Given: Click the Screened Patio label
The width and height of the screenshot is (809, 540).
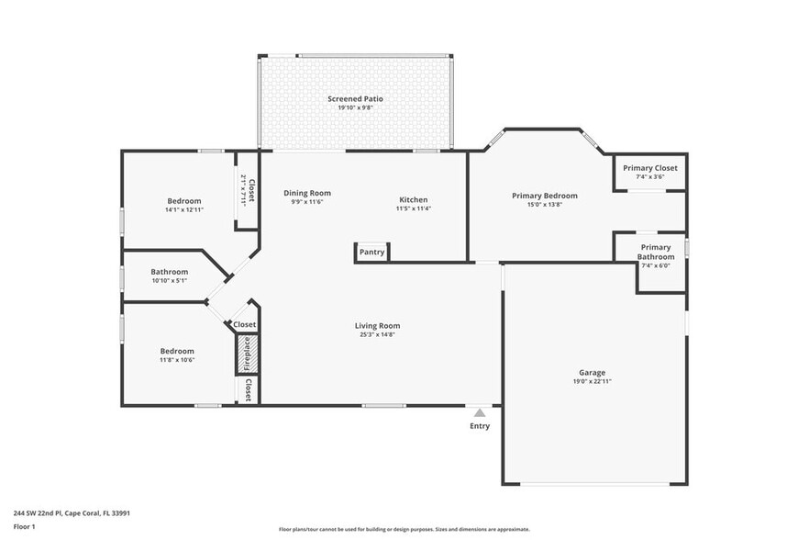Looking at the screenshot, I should (355, 98).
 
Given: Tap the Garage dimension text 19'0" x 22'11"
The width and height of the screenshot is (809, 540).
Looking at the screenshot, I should (592, 381).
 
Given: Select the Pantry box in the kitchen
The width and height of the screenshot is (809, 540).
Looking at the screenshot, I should (371, 252).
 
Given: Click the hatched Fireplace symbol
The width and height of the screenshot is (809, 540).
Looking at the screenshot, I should (246, 354).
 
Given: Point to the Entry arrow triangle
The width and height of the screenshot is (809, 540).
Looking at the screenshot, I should (479, 413).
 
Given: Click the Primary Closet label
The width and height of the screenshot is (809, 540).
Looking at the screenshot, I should (649, 168).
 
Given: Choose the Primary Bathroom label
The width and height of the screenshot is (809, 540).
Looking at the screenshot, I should (656, 252).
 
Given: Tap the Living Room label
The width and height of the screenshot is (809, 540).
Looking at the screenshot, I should (377, 325).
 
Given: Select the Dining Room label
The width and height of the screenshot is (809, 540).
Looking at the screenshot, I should (306, 193).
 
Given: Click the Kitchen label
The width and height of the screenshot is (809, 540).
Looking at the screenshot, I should (413, 199).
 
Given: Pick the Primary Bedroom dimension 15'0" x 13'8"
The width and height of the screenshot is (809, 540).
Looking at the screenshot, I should (544, 205).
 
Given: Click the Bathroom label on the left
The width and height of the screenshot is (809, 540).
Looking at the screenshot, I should (170, 272).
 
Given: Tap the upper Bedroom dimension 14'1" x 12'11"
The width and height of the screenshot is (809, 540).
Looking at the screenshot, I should (183, 210).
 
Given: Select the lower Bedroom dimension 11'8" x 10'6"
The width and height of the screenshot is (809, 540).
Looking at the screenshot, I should (177, 359).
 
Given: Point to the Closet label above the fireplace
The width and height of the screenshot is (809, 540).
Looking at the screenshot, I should (244, 325).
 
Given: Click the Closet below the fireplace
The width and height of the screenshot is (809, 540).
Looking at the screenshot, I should (247, 391).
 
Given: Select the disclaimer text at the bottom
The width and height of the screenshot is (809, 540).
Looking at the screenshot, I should (404, 529).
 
